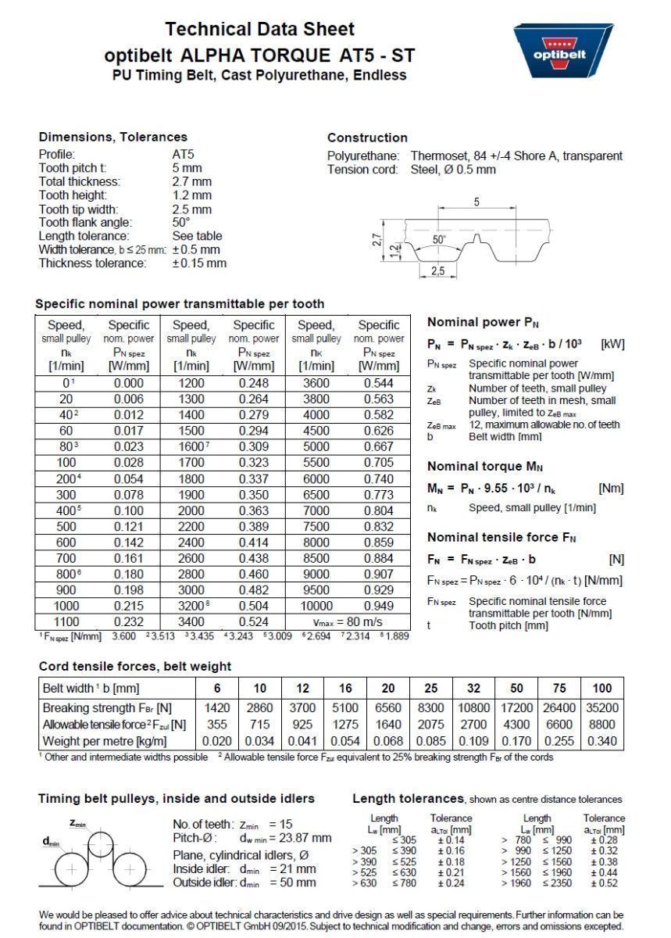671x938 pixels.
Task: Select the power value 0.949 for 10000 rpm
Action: [x=378, y=606]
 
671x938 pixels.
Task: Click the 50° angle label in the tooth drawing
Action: [x=439, y=239]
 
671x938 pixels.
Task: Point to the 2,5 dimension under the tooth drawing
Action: [x=437, y=271]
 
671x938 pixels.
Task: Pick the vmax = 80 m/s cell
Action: [x=347, y=621]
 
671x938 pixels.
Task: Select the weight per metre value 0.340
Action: [x=602, y=740]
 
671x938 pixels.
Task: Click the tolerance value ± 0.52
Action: [x=604, y=883]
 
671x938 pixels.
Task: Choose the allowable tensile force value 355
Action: [x=217, y=725]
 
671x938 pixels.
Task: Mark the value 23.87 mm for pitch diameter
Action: [x=299, y=838]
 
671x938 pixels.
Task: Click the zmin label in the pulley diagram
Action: [x=78, y=823]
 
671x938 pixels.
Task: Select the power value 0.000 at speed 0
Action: [x=129, y=383]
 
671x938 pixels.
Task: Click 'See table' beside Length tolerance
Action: [x=197, y=235]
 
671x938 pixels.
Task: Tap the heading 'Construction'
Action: [x=367, y=138]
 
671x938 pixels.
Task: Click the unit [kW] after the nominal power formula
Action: [x=612, y=344]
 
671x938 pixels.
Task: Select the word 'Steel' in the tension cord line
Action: [x=426, y=169]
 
